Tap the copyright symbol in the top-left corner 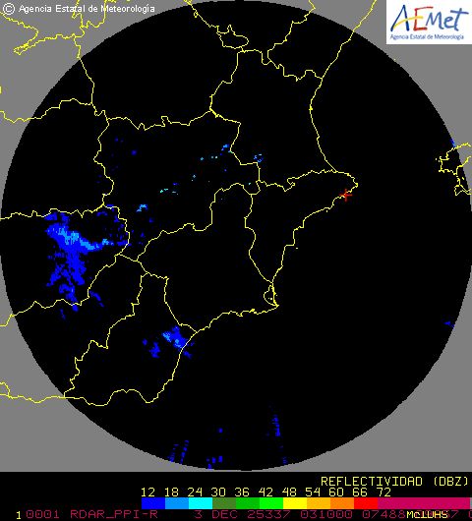point(9,8)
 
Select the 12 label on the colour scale point(149,492)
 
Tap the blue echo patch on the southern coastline point(174,339)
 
